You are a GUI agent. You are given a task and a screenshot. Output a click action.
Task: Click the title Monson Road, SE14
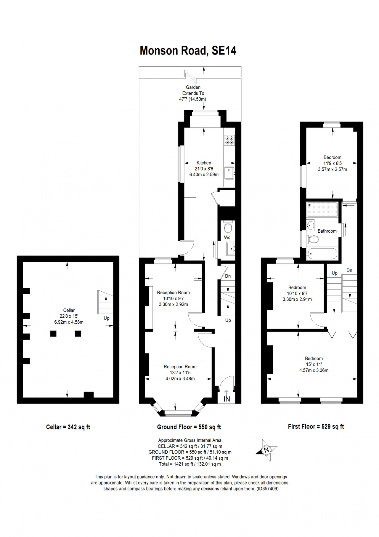click(x=188, y=50)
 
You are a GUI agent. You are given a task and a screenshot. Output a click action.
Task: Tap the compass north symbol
click(x=266, y=450)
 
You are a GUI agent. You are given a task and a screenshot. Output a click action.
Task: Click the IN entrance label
click(x=227, y=399)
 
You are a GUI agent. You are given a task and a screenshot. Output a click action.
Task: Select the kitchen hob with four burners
click(x=229, y=140)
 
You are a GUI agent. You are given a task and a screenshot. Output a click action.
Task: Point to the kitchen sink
click(x=229, y=173)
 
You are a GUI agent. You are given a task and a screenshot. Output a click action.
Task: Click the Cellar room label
click(x=69, y=310)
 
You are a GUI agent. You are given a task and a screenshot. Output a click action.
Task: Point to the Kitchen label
click(x=204, y=163)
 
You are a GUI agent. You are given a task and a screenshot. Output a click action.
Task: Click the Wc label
click(x=227, y=237)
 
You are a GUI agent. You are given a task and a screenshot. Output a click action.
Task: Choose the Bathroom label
click(x=327, y=231)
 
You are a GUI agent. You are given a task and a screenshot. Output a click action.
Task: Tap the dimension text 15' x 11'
click(x=314, y=364)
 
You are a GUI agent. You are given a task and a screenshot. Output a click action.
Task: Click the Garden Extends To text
click(x=193, y=90)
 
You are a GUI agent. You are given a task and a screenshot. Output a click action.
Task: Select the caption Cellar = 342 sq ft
click(x=68, y=427)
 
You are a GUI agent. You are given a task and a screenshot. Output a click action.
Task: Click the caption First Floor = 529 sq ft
click(x=316, y=426)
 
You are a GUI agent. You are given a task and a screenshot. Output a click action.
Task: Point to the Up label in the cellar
click(x=107, y=318)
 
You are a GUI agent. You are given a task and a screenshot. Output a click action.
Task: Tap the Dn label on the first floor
click(x=349, y=270)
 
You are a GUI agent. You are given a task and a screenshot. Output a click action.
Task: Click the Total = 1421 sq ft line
click(x=190, y=464)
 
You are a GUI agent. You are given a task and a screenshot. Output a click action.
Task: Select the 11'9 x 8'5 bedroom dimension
click(x=333, y=163)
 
